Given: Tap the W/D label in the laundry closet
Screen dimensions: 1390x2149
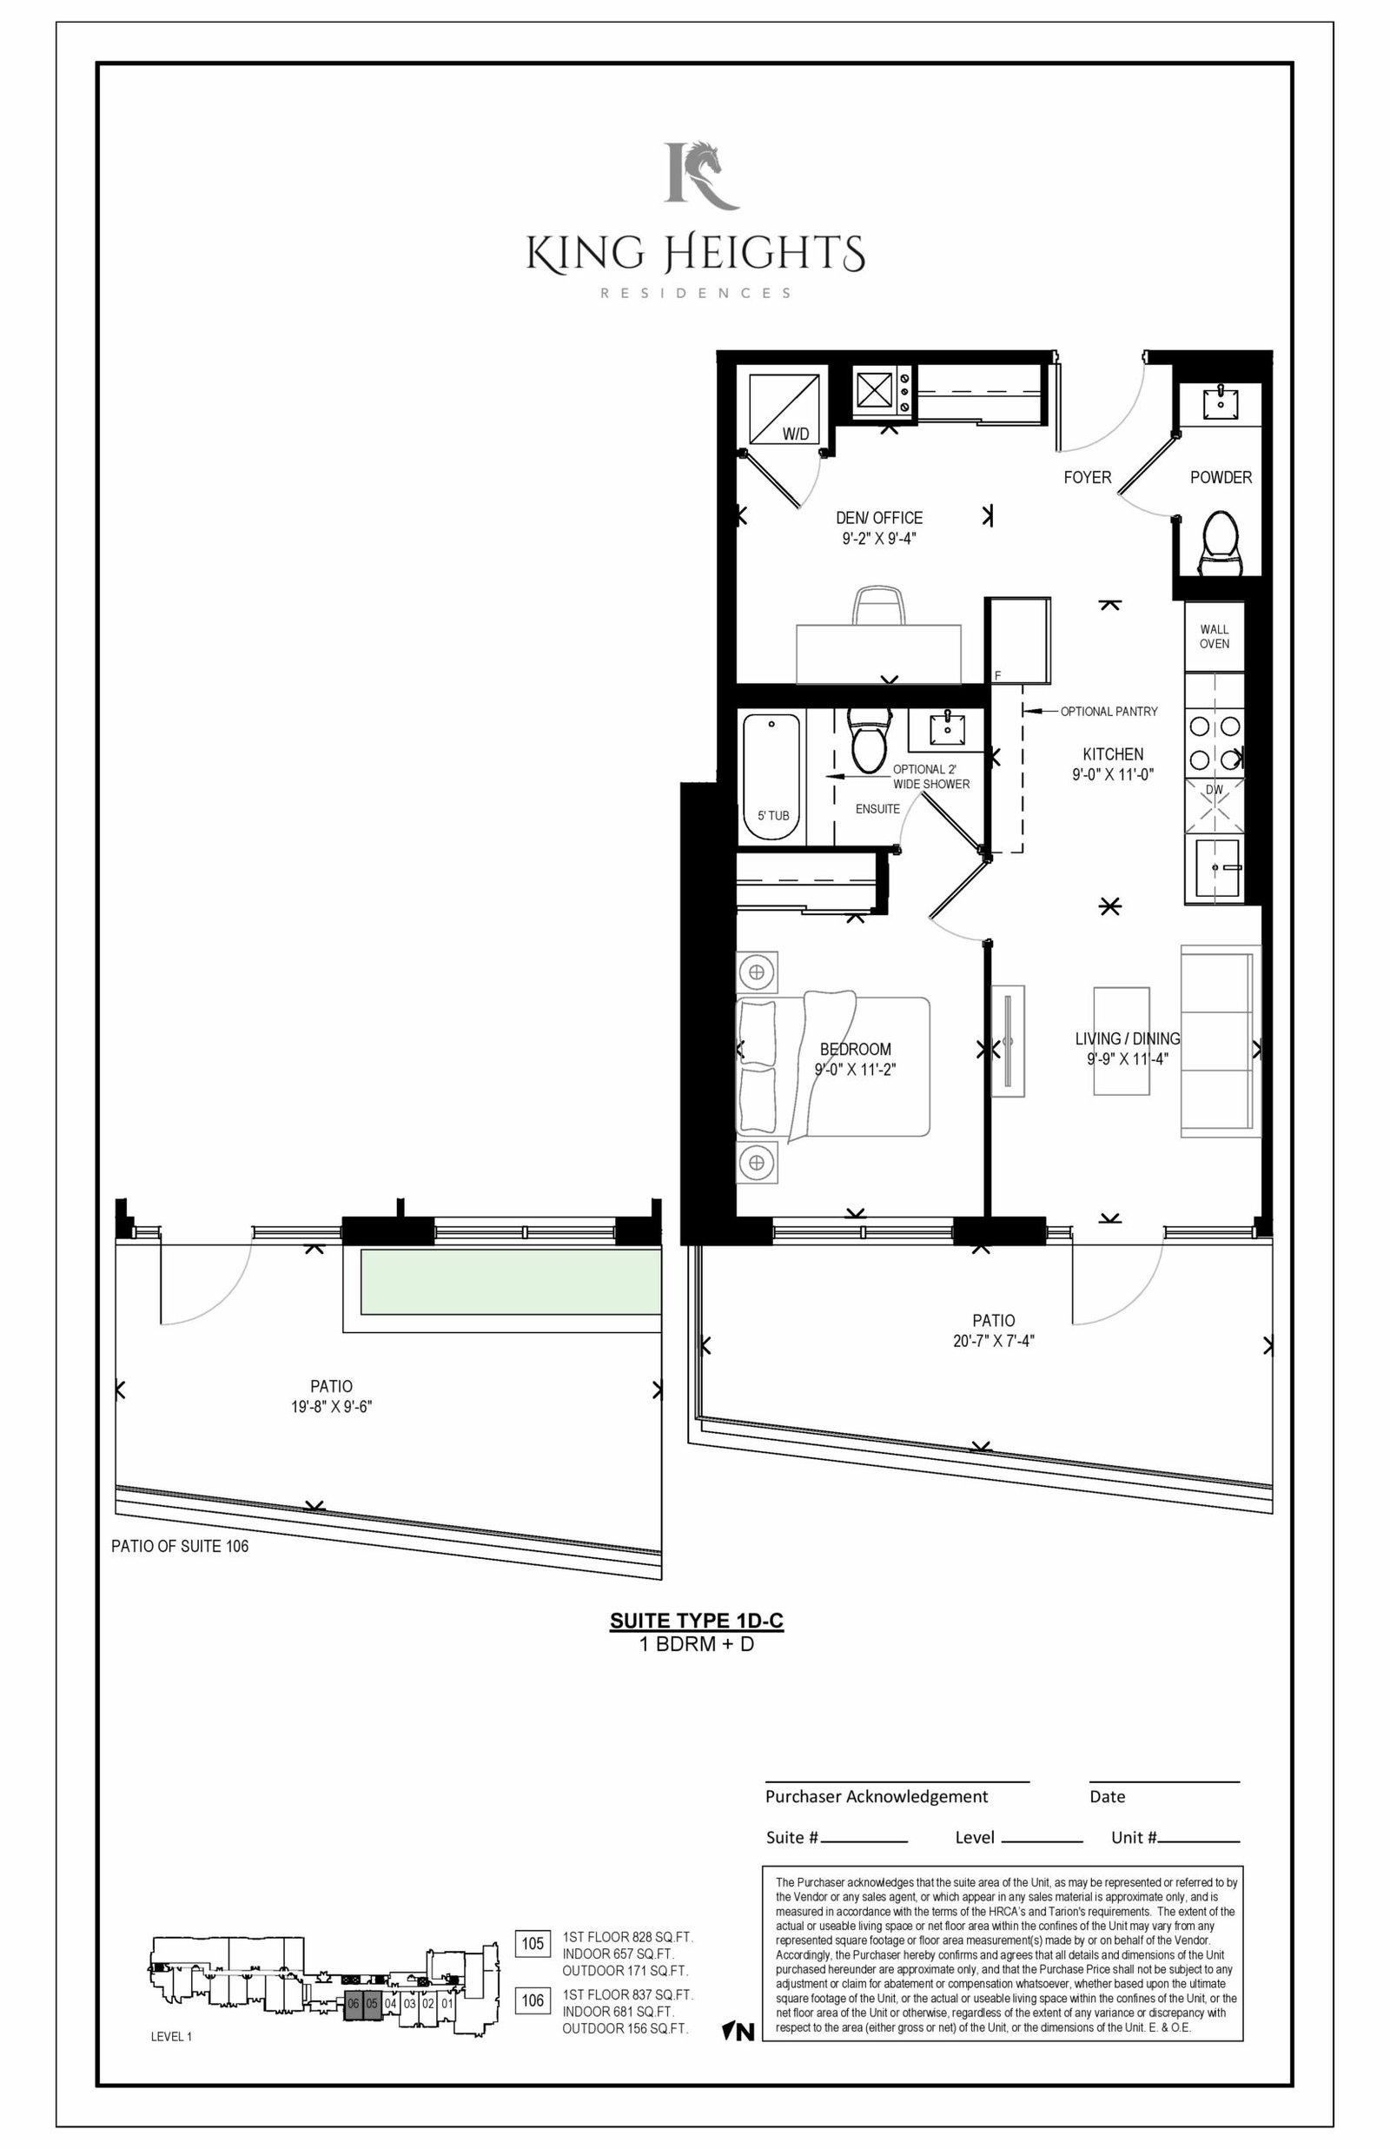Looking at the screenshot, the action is point(795,434).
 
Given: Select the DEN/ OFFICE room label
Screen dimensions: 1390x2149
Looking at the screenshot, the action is point(879,518).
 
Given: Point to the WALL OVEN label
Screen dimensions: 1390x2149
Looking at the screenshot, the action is point(1214,636).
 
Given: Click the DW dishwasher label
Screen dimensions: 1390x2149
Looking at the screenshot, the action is point(1215,790).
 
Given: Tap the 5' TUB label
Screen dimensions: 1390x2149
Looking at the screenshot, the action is point(773,816).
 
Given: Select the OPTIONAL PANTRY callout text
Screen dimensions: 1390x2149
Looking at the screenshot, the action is point(1109,711).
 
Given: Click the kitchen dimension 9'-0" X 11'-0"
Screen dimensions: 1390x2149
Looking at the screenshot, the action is point(1113,774).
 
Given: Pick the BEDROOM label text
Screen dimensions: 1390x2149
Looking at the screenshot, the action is point(855,1049).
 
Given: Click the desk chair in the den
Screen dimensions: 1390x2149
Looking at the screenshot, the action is point(878,605).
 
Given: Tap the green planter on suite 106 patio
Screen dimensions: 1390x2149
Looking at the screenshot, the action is point(511,1282).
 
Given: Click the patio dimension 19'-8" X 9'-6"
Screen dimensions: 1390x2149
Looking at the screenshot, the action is point(331,1406).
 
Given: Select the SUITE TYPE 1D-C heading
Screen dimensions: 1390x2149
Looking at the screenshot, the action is point(697,1620).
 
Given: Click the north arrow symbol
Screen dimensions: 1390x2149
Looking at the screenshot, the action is point(738,2032).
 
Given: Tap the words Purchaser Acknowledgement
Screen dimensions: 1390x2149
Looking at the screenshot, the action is point(877,1796).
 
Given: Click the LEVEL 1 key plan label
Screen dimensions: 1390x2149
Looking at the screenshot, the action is point(171,2036).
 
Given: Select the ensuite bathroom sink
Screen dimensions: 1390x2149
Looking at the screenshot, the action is point(947,726).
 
